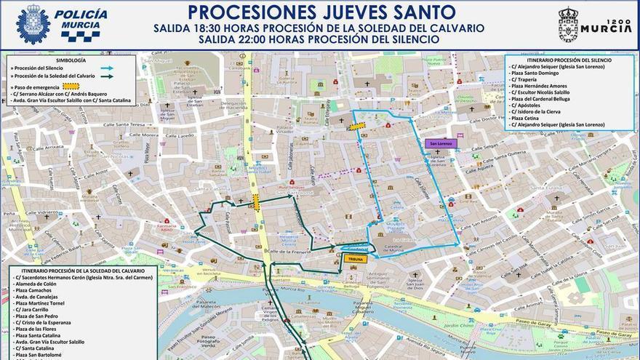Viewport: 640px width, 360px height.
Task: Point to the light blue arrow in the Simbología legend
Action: pos(107,68)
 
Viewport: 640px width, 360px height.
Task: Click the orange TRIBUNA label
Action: pos(356,259)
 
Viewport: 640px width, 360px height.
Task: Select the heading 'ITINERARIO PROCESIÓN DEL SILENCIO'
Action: pos(559,60)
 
